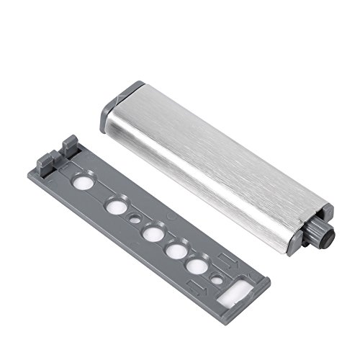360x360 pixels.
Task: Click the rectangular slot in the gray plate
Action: tap(235, 294)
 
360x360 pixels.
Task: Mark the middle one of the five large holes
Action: tap(150, 233)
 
